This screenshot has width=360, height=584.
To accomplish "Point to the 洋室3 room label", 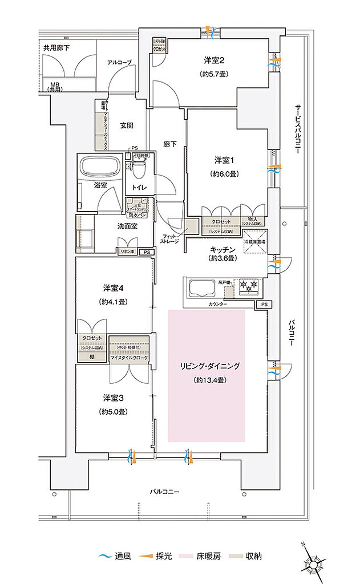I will point(114,397).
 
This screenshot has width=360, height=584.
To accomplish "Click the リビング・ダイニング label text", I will point(207,365).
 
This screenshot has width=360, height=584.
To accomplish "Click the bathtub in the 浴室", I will point(99,167).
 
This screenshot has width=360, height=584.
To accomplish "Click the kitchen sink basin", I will point(199,287).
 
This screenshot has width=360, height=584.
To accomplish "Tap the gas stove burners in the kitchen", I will point(248,284).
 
